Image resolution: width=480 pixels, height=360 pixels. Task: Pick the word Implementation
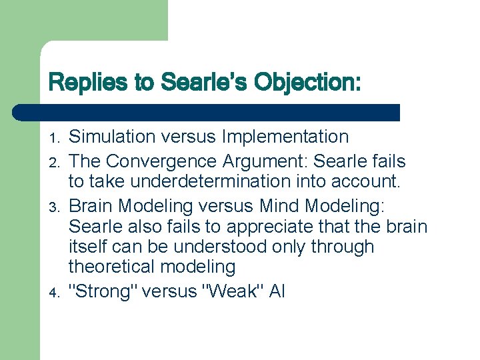(x=285, y=137)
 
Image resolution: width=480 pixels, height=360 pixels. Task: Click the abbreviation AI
(x=277, y=291)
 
